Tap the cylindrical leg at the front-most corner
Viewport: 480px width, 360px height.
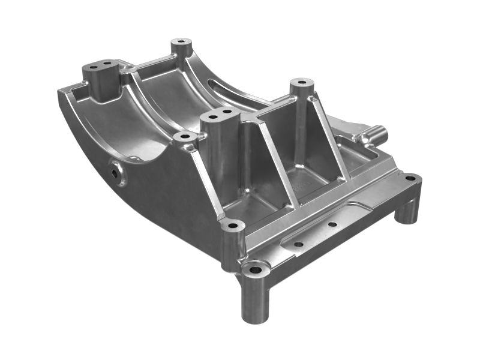[254, 300]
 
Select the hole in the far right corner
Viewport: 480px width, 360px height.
[410, 178]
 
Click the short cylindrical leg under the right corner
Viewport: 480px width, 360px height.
[407, 210]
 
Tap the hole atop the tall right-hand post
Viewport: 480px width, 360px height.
[301, 81]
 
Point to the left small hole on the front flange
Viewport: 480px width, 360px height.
[298, 244]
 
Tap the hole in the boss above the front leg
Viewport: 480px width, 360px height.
[233, 226]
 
